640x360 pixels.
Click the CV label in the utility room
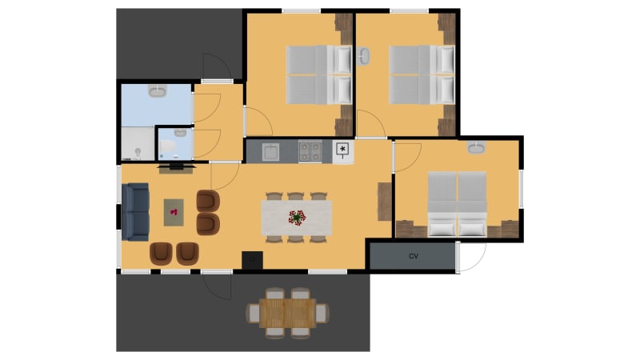(x=414, y=256)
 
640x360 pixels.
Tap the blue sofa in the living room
(x=135, y=212)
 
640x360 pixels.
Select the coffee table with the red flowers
(x=174, y=212)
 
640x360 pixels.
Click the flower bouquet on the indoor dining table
(x=297, y=218)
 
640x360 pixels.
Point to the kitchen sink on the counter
(x=270, y=152)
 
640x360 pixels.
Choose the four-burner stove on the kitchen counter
(x=310, y=151)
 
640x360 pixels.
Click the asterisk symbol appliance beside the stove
(x=342, y=150)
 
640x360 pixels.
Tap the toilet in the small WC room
(x=167, y=146)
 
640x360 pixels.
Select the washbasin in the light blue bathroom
(x=157, y=90)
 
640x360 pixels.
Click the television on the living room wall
(x=176, y=166)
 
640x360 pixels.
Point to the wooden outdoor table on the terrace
(x=287, y=313)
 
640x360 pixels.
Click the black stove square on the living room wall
(x=252, y=261)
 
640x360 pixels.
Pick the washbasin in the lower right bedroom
(x=476, y=147)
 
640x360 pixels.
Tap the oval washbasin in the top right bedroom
(x=363, y=56)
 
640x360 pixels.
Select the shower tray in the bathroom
(x=138, y=143)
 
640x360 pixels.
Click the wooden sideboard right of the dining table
(x=385, y=202)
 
